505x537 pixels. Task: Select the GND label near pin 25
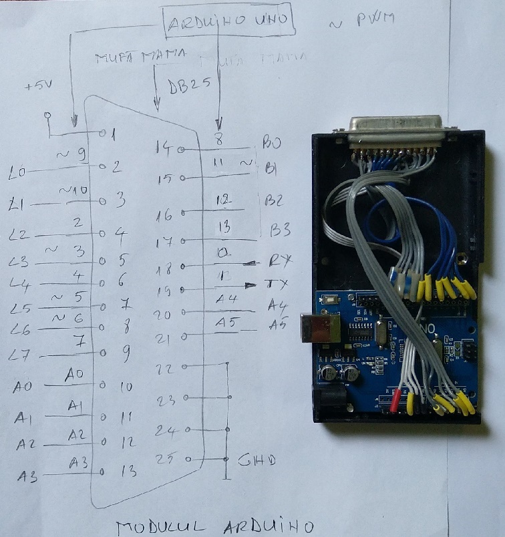tap(257, 460)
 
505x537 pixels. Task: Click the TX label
tap(277, 284)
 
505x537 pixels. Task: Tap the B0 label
tap(271, 142)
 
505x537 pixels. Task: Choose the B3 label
tap(280, 231)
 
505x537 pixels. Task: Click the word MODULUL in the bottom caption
tap(156, 526)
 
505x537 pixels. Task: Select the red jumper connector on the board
tap(395, 402)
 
